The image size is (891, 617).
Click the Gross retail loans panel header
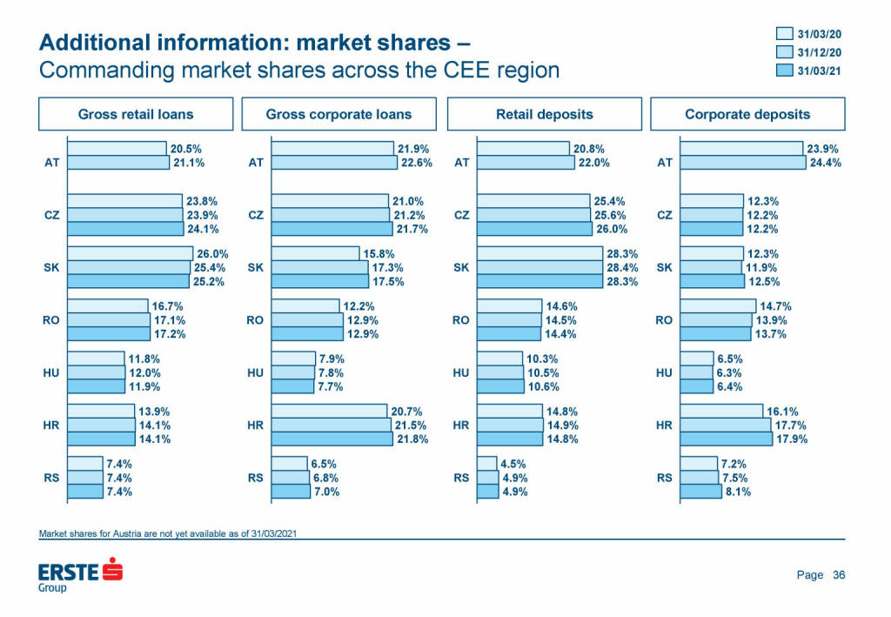pyautogui.click(x=136, y=114)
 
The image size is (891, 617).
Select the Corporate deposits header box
pyautogui.click(x=747, y=114)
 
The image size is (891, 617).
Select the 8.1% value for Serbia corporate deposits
pyautogui.click(x=737, y=492)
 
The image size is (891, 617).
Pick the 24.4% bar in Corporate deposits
pyautogui.click(x=742, y=163)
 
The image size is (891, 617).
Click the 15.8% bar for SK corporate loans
pyautogui.click(x=315, y=253)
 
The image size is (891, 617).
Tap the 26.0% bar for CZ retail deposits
pyautogui.click(x=535, y=229)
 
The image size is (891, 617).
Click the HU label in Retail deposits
pyautogui.click(x=462, y=372)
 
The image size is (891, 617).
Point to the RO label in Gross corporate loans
pyautogui.click(x=256, y=320)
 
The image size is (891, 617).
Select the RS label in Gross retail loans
pyautogui.click(x=51, y=478)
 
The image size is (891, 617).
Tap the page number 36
pyautogui.click(x=839, y=575)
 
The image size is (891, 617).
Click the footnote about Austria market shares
pyautogui.click(x=171, y=533)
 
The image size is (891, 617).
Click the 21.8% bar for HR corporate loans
pyautogui.click(x=332, y=439)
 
